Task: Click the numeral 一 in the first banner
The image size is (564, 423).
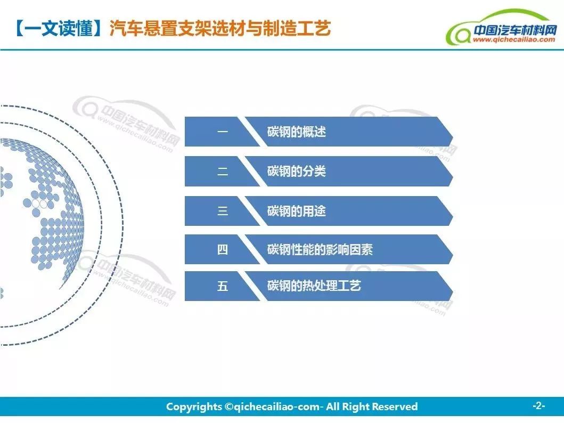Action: [x=223, y=132]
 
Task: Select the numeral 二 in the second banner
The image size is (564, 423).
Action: [x=223, y=171]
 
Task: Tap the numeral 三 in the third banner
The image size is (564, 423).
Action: [x=223, y=211]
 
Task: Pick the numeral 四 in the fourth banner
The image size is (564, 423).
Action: [x=223, y=249]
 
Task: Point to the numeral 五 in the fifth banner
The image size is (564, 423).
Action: [x=223, y=286]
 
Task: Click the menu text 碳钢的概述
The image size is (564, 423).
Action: [x=297, y=132]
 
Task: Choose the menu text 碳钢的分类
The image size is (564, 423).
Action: [x=297, y=171]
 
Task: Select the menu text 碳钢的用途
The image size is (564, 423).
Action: [x=297, y=211]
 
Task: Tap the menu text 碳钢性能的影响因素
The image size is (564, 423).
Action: [x=320, y=249]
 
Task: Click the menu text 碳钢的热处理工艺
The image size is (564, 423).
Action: [x=314, y=286]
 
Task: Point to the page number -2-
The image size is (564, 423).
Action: [x=538, y=406]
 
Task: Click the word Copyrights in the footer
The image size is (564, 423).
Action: [x=194, y=407]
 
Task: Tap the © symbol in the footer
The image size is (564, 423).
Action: [x=229, y=406]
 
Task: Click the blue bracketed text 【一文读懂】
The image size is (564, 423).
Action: [x=58, y=28]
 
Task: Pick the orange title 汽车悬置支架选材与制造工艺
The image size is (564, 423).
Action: [x=220, y=28]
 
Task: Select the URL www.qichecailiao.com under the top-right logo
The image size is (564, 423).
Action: [x=514, y=39]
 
